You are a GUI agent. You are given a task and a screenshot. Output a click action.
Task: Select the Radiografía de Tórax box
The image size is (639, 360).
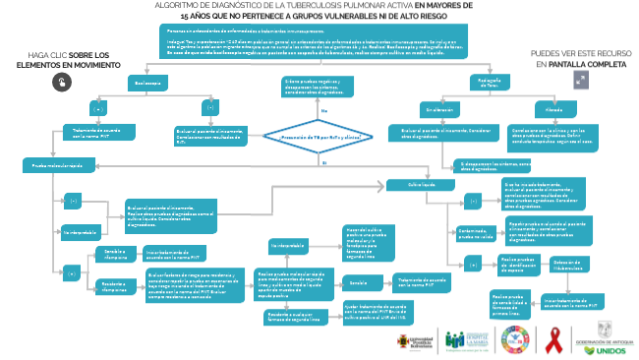click(490, 85)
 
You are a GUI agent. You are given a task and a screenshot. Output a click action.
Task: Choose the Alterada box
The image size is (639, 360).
click(540, 108)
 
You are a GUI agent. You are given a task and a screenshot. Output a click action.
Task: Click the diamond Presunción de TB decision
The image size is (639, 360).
click(320, 138)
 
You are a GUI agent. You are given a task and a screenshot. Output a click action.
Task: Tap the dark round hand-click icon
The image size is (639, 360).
click(61, 85)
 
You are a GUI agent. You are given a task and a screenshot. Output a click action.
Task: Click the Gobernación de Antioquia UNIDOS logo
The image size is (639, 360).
click(611, 337)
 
